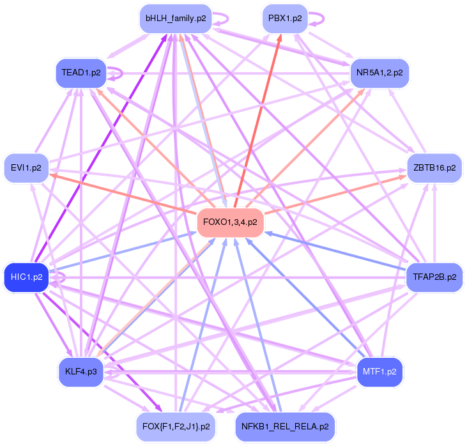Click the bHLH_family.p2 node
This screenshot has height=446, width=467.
176,19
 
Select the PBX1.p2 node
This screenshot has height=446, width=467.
285,19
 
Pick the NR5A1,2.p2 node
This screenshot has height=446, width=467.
379,73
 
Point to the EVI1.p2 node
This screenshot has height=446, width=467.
26,168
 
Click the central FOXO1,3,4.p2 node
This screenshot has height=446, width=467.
230,222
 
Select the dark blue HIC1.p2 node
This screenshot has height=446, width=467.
26,277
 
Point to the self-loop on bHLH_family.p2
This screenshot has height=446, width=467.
222,19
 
